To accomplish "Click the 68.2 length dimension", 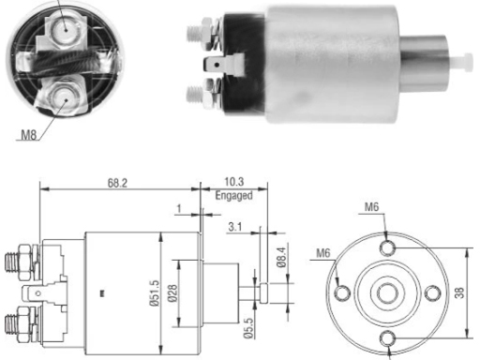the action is coord(117,183).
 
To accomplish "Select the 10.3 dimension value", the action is coord(234,182).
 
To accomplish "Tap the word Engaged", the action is coord(233,196).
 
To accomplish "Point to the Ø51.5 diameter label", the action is coord(155,292).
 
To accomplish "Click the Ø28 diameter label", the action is coord(172,292).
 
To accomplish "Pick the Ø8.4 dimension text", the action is coord(281,257).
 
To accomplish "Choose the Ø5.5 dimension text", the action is coord(248,328).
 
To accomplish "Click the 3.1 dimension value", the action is coord(235,226).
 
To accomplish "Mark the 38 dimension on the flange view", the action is coord(459,292).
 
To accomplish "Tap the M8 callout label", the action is coord(28,135).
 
